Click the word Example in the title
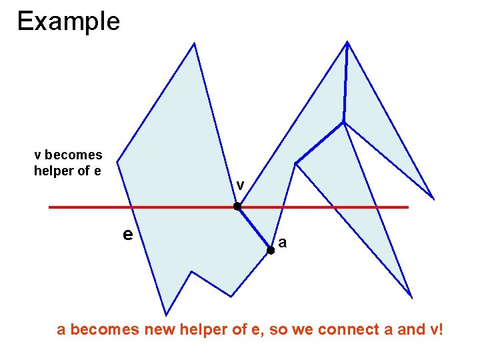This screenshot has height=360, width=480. (68, 21)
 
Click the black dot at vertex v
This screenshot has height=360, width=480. (237, 207)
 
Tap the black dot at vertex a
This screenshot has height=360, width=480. (271, 251)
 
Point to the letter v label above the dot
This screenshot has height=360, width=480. (240, 185)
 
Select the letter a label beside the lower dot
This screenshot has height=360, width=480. (283, 243)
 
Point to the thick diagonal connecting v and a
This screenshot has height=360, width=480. (254, 229)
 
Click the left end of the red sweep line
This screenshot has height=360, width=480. (51, 207)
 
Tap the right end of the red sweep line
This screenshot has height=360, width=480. (407, 207)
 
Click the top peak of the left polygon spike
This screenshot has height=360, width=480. (194, 44)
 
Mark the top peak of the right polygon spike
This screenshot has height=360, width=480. (347, 43)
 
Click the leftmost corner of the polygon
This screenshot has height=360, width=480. (117, 161)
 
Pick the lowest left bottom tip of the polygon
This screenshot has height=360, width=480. (165, 314)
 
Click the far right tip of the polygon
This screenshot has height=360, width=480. (433, 199)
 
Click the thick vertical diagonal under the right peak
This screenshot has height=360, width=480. (345, 83)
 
